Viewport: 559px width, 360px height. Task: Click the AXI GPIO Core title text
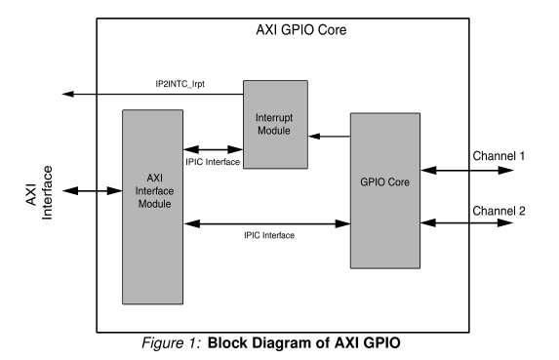click(299, 30)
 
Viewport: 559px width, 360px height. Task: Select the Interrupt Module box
click(276, 125)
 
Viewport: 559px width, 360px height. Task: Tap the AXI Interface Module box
click(152, 206)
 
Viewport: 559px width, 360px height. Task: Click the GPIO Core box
click(387, 189)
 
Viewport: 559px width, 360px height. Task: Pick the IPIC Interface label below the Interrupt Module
click(214, 161)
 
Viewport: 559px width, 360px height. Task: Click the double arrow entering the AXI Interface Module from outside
click(100, 191)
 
